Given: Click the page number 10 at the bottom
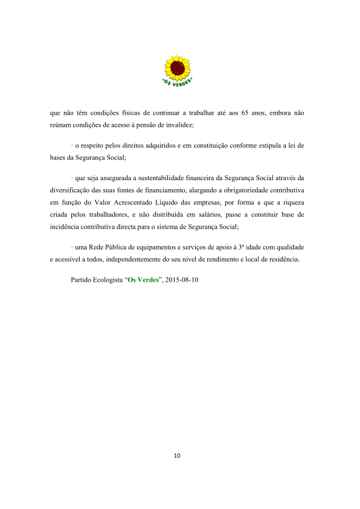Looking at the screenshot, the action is click(177, 455).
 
